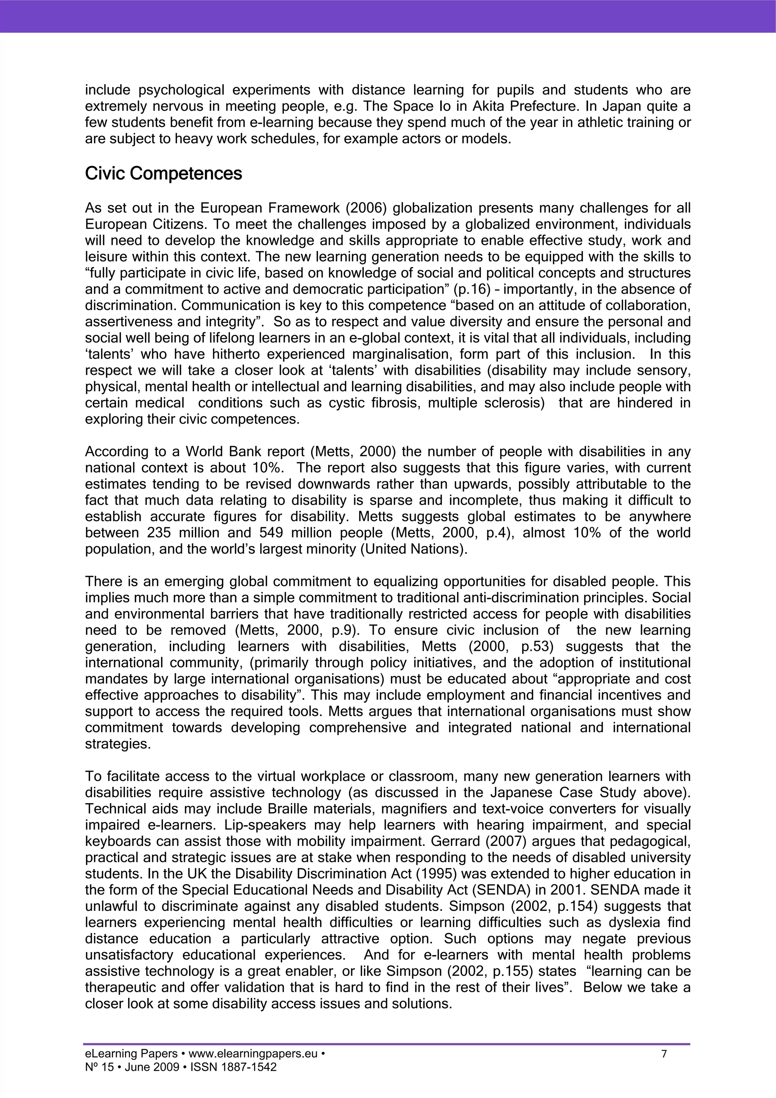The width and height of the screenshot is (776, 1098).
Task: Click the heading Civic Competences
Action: click(x=164, y=174)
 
